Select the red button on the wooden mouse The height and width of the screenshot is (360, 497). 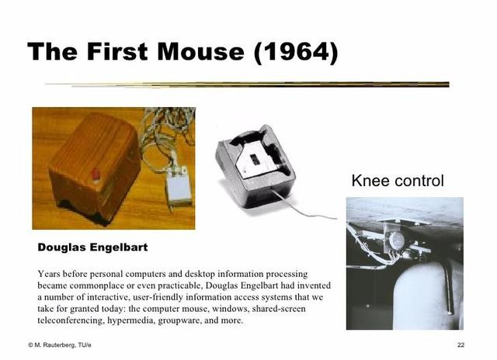(96, 173)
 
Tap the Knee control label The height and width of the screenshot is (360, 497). (398, 182)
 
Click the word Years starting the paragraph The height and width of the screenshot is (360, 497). (50, 274)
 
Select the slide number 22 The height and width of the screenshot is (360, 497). (461, 344)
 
